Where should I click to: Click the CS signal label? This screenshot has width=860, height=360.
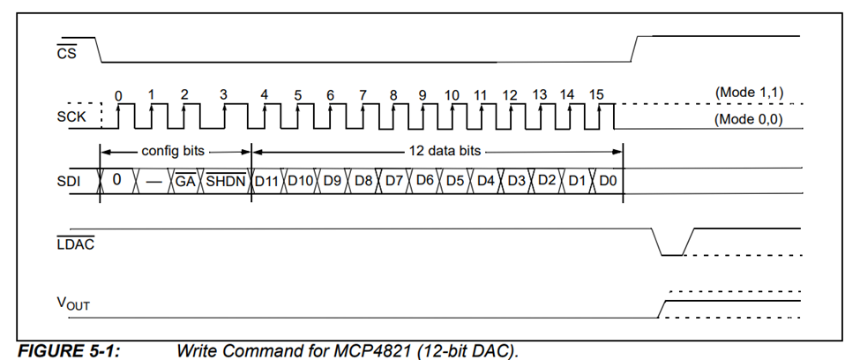[x=66, y=54]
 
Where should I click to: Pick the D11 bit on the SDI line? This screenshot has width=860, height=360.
[x=266, y=181]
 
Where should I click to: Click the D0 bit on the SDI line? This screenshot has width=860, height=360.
[x=609, y=181]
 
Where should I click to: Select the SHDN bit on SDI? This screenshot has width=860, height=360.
[x=228, y=181]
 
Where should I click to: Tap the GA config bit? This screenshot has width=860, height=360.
[x=185, y=181]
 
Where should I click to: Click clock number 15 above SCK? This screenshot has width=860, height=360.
[x=596, y=94]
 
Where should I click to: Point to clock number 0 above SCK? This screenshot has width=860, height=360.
[x=118, y=94]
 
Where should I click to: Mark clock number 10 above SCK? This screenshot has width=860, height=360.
[x=452, y=94]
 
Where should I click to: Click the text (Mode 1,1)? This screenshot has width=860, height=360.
[x=749, y=92]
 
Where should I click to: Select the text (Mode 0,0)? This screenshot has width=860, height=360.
[x=749, y=118]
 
